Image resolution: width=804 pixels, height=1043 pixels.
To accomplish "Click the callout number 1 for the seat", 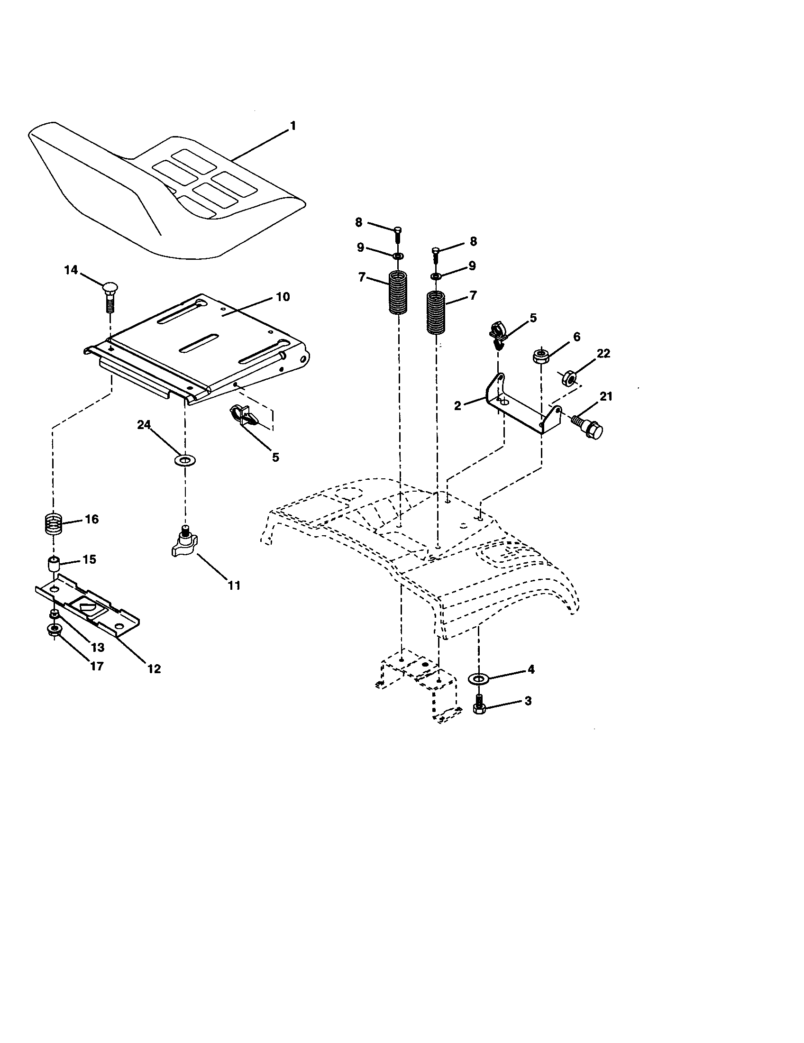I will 292,126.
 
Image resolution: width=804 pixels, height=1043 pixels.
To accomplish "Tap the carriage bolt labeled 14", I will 110,296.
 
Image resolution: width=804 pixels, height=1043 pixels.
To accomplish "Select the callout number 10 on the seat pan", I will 283,297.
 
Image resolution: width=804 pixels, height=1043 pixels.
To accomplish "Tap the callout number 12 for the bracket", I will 154,668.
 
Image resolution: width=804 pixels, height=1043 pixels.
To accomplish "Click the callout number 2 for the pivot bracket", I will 457,406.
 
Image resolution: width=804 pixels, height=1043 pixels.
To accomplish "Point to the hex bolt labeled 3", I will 479,709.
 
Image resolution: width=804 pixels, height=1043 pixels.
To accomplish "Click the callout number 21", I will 606,397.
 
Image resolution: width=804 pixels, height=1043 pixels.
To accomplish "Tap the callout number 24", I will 144,425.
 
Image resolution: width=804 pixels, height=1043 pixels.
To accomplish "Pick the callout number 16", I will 91,519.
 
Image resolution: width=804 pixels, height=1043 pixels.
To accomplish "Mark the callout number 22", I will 603,354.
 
